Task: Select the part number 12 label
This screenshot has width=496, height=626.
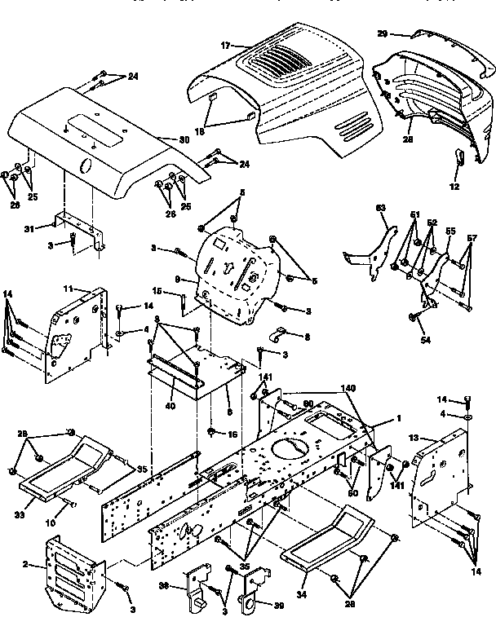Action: click(454, 187)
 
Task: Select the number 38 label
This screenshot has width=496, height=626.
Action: click(164, 585)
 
